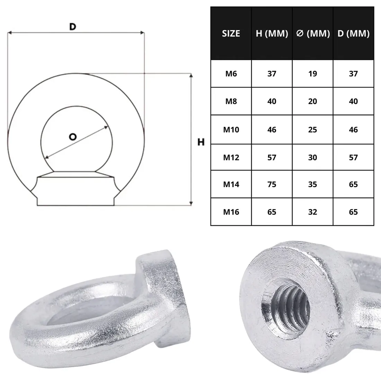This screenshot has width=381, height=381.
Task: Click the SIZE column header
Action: click(231, 33)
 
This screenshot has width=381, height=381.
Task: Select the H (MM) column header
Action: click(272, 33)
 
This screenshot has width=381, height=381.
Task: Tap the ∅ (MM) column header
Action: click(313, 33)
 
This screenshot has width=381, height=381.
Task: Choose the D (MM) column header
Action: click(353, 33)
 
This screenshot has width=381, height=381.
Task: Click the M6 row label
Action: click(231, 73)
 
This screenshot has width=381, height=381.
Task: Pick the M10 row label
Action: click(231, 130)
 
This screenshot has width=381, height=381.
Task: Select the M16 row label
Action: click(231, 212)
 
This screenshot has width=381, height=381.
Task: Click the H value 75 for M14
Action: click(272, 184)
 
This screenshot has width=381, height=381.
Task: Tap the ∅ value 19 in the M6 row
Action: click(313, 73)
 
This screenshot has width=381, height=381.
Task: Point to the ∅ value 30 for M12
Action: click(313, 157)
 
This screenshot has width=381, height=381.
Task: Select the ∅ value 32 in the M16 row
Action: click(313, 212)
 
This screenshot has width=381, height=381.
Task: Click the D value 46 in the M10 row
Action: click(353, 130)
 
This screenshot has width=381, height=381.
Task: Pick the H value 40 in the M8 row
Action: click(272, 101)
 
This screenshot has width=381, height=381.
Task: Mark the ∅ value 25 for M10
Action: click(313, 130)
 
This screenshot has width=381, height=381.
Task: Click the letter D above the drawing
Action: click(72, 27)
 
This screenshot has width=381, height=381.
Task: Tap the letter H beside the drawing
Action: click(201, 142)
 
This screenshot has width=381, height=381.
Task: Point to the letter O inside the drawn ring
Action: click(72, 137)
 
